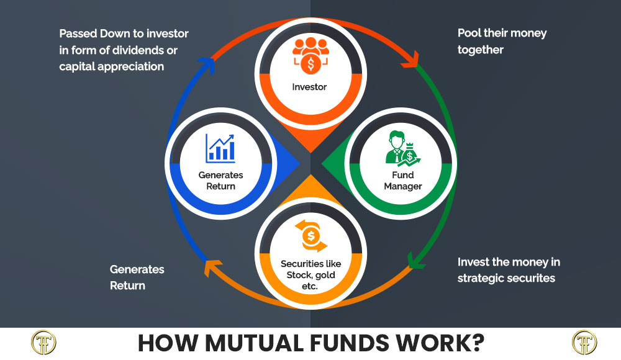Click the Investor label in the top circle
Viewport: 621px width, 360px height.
[309, 87]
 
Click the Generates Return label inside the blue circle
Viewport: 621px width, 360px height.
[220, 181]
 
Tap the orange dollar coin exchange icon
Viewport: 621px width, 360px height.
[310, 236]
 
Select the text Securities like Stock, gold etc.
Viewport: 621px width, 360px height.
[310, 275]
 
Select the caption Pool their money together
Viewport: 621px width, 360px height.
[502, 41]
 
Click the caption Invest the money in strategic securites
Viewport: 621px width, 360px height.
[506, 270]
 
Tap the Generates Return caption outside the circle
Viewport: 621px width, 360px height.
[137, 277]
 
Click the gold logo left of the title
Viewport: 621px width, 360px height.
[43, 343]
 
